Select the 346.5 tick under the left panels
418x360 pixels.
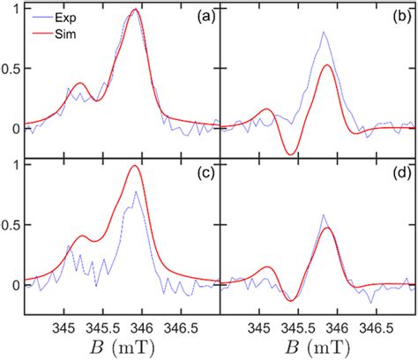[181, 327]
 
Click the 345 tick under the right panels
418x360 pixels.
[259, 327]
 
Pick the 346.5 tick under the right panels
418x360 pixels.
[377, 327]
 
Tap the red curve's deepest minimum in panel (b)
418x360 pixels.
[290, 154]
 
